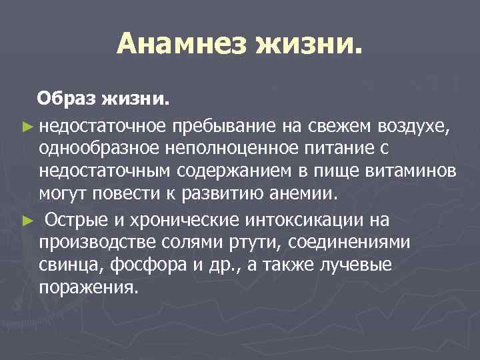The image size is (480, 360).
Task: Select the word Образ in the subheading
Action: coord(67,99)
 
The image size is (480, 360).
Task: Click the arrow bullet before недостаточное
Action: coord(27,124)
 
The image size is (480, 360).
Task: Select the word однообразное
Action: coord(99,147)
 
